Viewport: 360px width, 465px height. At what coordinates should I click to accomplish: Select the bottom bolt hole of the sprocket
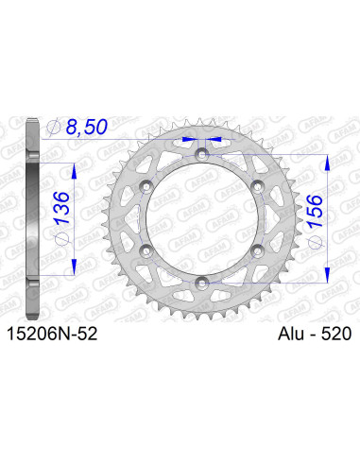tap(201, 279)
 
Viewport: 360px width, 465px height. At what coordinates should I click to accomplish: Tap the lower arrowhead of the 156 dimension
tap(327, 275)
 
